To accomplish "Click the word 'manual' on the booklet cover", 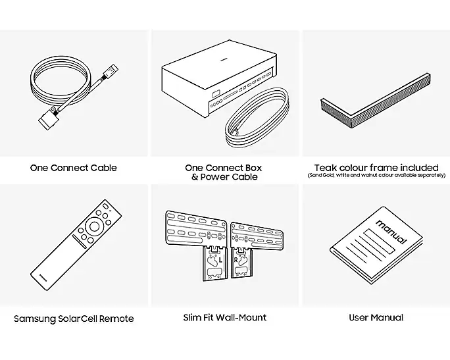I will coord(390,233).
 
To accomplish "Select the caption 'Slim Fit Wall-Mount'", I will coord(224,317).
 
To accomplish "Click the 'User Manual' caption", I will coord(376,317).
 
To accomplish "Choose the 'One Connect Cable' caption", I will coord(73,168).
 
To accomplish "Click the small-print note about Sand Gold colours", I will coord(376,176).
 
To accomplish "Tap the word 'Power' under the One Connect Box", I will coord(216,177).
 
